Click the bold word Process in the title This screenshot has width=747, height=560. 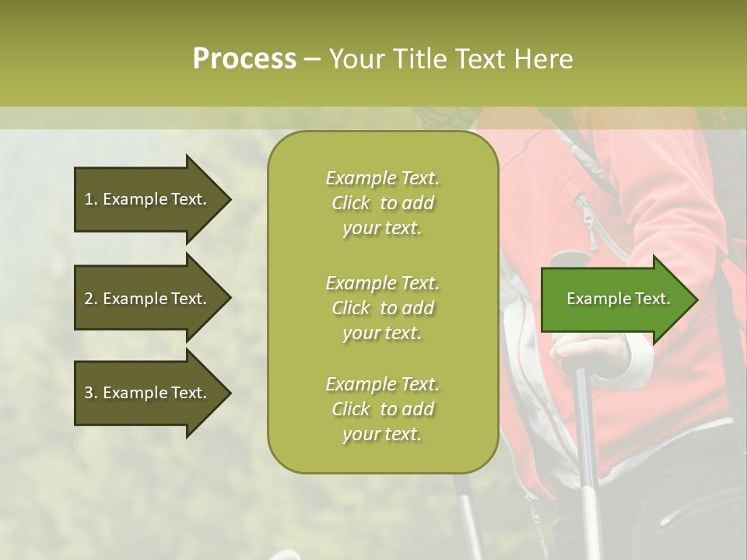point(244,59)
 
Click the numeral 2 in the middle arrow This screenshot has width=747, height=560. point(88,299)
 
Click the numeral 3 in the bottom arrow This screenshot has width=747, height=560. point(88,393)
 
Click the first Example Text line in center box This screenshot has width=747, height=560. point(382,178)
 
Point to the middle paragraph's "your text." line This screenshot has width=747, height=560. point(382,333)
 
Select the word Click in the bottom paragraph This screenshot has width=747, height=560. point(351,409)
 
